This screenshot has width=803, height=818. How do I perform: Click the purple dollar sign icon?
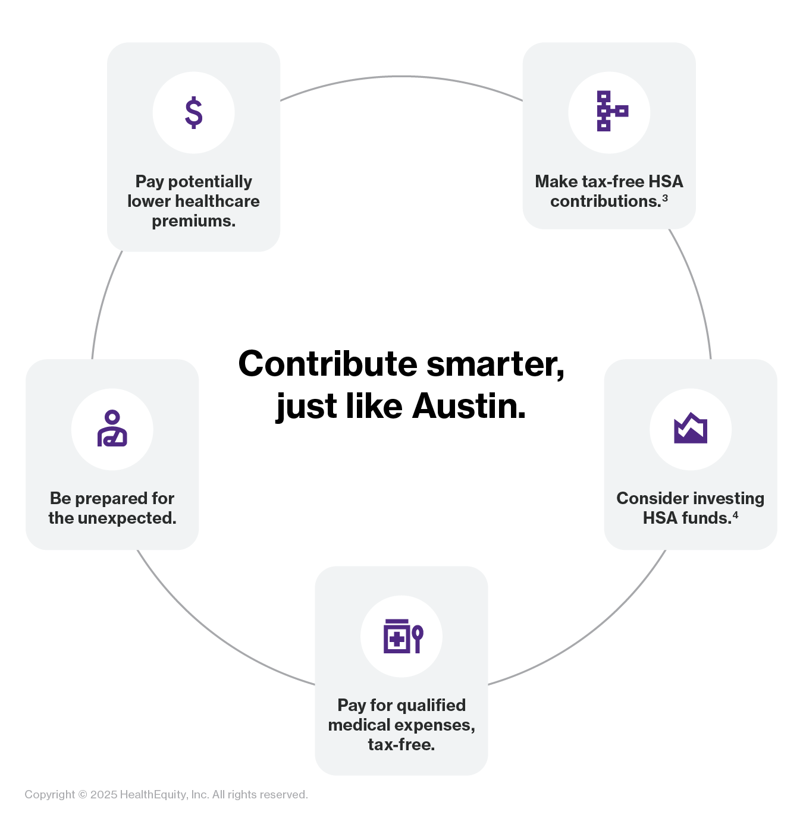coord(194,112)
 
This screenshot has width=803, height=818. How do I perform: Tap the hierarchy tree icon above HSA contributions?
coord(611,111)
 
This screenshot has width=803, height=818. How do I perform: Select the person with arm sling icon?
coord(112,429)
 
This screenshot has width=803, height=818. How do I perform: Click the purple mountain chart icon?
coord(691,429)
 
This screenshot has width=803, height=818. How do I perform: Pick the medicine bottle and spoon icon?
coord(403,636)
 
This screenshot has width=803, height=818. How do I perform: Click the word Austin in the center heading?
coord(469,406)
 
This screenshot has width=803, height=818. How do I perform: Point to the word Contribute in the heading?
coord(328,364)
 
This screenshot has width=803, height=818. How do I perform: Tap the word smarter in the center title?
coord(495,364)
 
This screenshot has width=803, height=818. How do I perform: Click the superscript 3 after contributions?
coord(665,198)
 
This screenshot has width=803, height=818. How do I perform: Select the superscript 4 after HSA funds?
coord(736,515)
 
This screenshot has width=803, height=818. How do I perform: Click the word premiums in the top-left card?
coord(193,221)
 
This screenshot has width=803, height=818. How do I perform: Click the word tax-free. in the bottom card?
coord(401,744)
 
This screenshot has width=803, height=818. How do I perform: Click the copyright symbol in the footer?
coord(83,795)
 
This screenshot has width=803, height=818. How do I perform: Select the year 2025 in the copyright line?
coord(103,795)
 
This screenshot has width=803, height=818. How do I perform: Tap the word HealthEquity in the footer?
coord(153,795)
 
